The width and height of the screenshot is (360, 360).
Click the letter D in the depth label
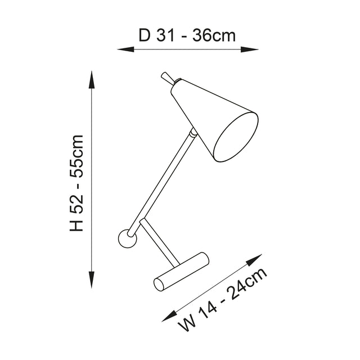coord(145,35)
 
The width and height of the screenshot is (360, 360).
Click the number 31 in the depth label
coord(166,35)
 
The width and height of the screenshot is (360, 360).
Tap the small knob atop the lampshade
coord(166,76)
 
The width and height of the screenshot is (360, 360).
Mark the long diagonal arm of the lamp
coord(164,180)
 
